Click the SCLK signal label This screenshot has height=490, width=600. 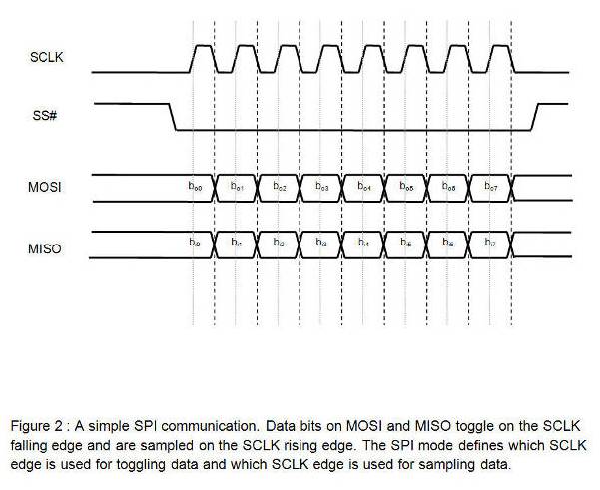coord(47,60)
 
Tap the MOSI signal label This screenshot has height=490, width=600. coord(46,187)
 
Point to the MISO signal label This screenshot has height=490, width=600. coord(46,246)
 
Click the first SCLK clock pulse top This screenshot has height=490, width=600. coord(203,46)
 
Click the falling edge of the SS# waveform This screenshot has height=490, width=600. coord(173,116)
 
